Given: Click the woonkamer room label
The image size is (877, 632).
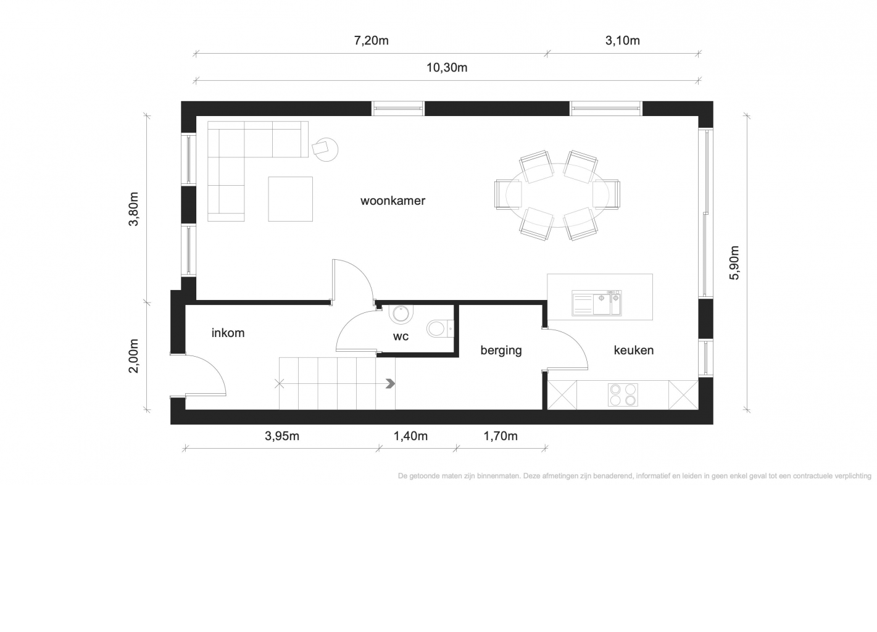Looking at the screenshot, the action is coord(393,201).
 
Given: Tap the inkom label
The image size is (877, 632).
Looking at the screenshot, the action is coord(228,333).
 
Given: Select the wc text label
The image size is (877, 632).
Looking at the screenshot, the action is coord(401,336).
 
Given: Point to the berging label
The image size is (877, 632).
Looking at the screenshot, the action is coord(501,350).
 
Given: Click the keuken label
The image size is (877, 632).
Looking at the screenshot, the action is coord(633,350).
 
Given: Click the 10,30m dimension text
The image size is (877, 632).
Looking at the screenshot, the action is coord(447,68).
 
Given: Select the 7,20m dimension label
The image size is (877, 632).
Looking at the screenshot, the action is coord(371,40).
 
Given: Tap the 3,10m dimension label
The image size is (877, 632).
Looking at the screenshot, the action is coord(623,40).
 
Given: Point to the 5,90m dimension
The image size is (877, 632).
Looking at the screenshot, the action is coord(734,263).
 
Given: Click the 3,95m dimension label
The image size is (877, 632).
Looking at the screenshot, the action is coord(282,436).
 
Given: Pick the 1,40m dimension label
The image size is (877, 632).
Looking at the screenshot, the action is coord(410,436).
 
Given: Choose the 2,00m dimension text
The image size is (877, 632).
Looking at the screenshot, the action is coord(133,356).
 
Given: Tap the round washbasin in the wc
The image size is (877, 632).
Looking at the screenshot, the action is coord(401,314).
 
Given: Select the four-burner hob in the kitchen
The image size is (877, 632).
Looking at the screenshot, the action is coord(623,395).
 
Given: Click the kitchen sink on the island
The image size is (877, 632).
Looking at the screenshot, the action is coord(596,303).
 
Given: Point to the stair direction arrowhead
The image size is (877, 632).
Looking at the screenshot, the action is coord(390,384).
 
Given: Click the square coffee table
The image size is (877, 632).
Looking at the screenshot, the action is coord(291,199).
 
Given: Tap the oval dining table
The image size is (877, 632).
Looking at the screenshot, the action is coord(557,195).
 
